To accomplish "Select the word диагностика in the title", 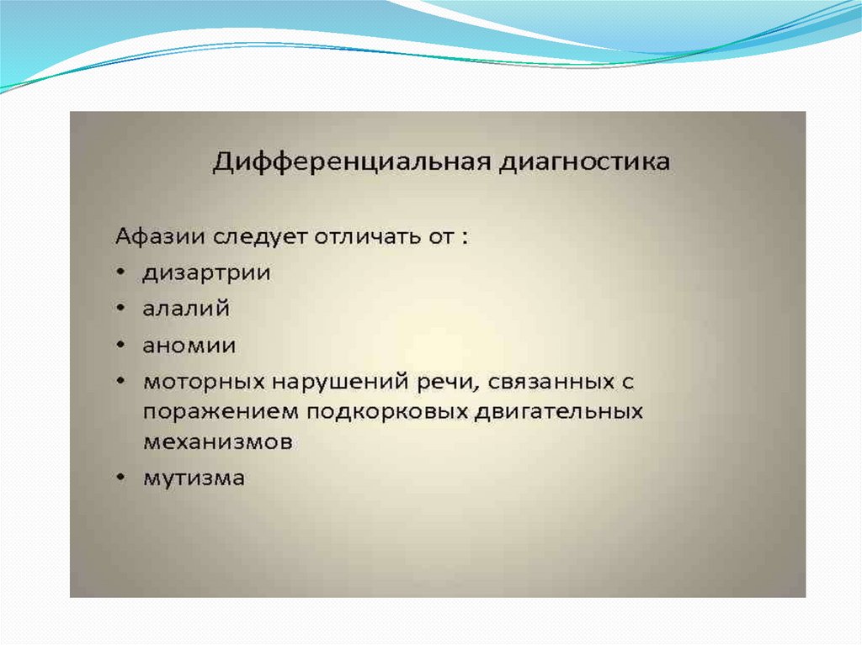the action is [584, 162].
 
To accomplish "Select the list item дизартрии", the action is [207, 272].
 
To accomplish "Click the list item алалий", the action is [186, 309].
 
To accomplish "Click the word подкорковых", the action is [386, 412].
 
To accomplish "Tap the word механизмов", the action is [218, 442].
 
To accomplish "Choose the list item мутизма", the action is [194, 478].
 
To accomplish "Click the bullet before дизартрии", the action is [121, 272].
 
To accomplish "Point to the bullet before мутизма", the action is [121, 477].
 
